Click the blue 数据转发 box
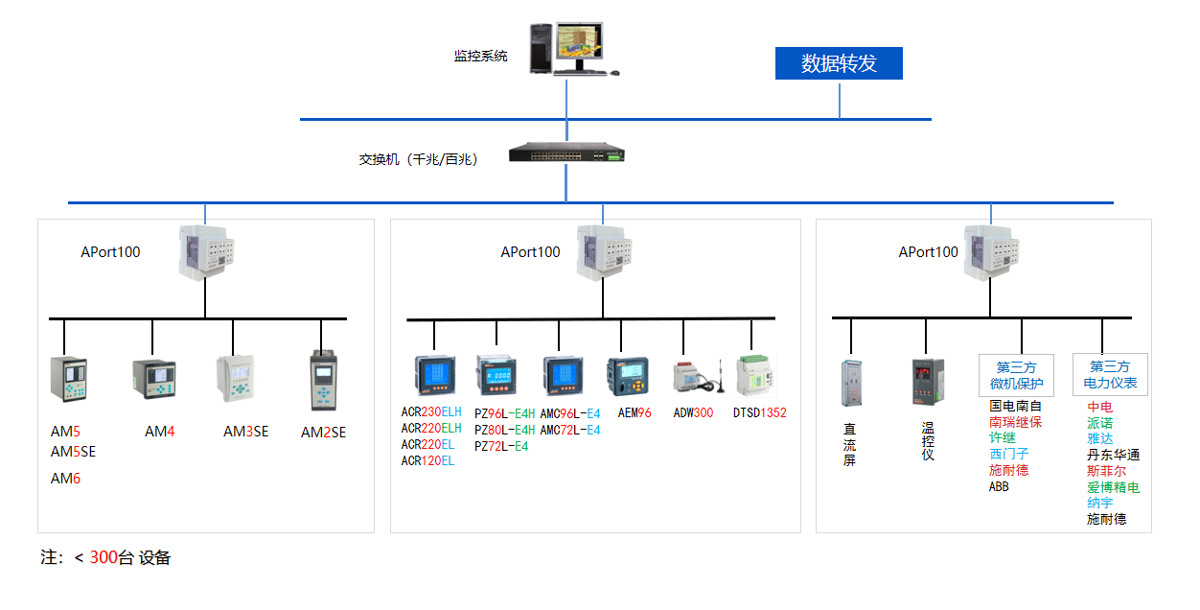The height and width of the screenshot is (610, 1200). (839, 63)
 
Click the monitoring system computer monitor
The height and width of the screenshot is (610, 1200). (581, 44)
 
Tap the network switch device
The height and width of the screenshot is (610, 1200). (565, 152)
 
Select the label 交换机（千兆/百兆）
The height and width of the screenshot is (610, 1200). (419, 159)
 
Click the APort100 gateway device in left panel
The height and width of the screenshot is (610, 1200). (205, 252)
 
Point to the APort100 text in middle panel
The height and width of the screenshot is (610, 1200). (530, 252)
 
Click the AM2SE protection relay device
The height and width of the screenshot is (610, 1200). (324, 381)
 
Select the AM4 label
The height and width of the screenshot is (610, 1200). (160, 432)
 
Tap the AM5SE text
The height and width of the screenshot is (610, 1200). (73, 451)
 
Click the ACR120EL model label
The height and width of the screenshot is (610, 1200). (427, 461)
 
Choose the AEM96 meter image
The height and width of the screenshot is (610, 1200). (628, 377)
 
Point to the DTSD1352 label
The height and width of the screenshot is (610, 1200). (759, 413)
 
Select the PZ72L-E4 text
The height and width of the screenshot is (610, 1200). (501, 446)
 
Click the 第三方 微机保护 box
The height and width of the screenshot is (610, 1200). (1016, 375)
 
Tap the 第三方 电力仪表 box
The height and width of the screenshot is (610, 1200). (1110, 375)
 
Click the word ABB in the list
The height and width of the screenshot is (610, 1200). (999, 486)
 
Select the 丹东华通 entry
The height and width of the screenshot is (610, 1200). (1113, 456)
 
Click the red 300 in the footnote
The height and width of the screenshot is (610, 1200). (103, 558)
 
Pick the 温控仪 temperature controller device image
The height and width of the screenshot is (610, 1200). (927, 381)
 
